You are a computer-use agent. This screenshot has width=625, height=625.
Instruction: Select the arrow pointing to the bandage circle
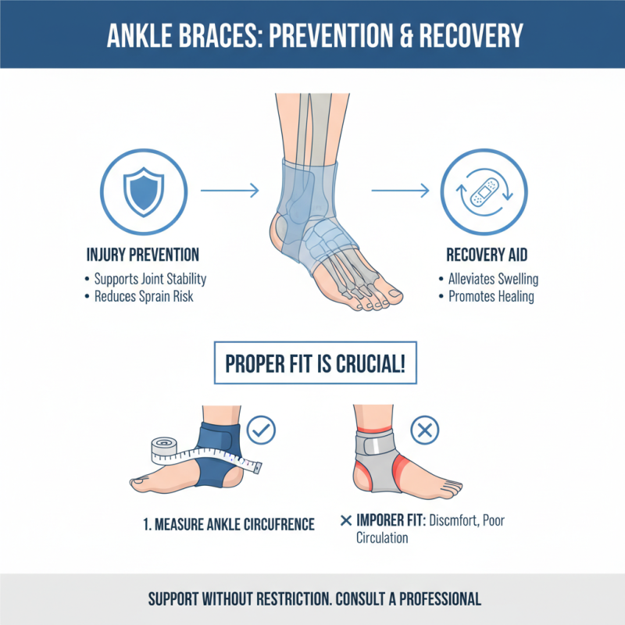[399, 190]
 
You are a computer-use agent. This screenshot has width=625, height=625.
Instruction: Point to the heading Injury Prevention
[142, 255]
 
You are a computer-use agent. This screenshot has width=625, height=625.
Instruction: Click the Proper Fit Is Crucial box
[316, 366]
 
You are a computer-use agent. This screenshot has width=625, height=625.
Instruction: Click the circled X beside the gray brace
[427, 428]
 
